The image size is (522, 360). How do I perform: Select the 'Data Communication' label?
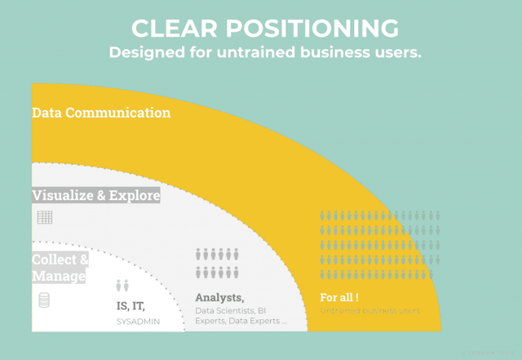[x=101, y=113]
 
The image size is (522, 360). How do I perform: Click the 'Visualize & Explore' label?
[x=95, y=196]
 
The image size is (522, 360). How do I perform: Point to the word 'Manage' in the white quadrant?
[x=59, y=277]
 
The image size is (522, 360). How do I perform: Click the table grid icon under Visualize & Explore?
[x=45, y=217]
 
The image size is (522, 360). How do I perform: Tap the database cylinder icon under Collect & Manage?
[x=44, y=300]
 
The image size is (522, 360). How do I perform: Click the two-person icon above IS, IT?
[x=122, y=286]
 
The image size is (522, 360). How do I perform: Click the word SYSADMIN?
[x=138, y=322]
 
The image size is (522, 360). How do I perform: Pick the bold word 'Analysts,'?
[x=220, y=297]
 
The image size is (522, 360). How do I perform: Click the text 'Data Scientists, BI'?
[x=231, y=311]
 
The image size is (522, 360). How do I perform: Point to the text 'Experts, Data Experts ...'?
[x=241, y=322]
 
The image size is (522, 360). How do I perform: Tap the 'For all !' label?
[x=340, y=297]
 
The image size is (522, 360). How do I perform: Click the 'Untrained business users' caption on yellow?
[x=370, y=311]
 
